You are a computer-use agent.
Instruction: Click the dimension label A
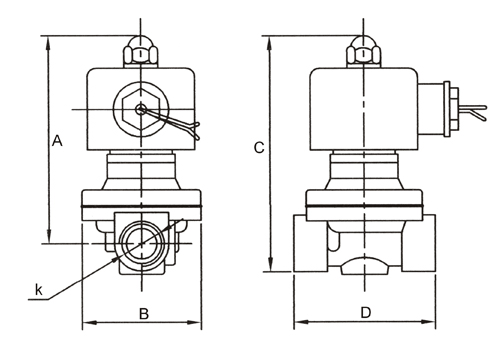(x=57, y=141)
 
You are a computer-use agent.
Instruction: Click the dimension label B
(x=144, y=314)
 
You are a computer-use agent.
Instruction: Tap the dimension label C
(x=259, y=147)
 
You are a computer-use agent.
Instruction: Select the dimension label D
(x=366, y=313)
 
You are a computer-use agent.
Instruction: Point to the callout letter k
(x=39, y=289)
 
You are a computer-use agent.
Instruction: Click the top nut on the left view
(x=141, y=54)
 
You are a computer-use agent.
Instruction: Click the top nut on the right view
(x=363, y=54)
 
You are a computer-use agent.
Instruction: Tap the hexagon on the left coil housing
(x=141, y=109)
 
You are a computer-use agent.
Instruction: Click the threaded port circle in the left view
(x=142, y=244)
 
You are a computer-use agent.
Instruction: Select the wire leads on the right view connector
(x=473, y=112)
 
